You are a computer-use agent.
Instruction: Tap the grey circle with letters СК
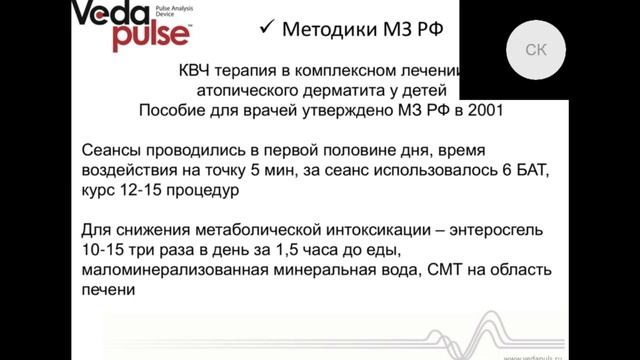coord(537,51)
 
